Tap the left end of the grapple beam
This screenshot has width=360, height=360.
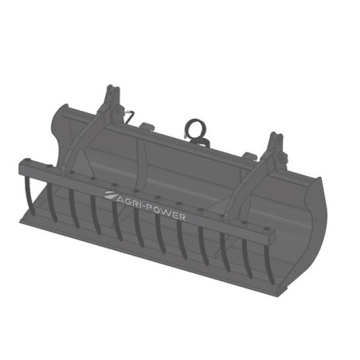(x=24, y=168)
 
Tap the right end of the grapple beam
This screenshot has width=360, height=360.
(x=272, y=233)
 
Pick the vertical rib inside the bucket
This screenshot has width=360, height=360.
(x=141, y=159)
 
